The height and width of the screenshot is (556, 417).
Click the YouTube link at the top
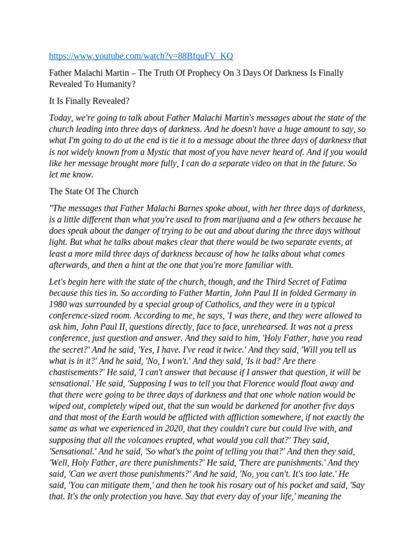pos(141,56)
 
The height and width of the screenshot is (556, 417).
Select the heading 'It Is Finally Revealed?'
pos(90,101)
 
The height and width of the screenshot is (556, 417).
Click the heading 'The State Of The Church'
pos(94,191)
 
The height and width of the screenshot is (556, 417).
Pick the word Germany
pos(336,293)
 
